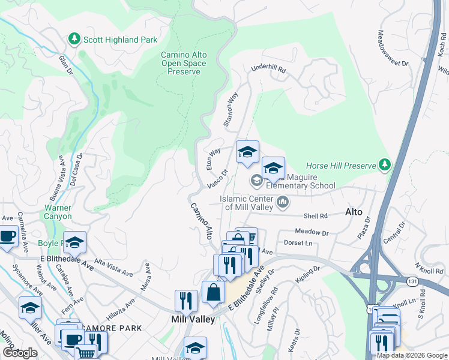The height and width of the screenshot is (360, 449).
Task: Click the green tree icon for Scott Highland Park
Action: coord(74,40)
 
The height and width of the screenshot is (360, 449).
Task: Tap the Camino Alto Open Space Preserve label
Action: coord(184,63)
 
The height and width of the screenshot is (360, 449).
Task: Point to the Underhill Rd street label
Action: coord(268,70)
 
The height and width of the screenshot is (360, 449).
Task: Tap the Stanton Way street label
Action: coord(231,109)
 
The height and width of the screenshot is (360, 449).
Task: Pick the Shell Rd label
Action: coord(315,216)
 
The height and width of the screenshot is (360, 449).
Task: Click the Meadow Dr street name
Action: coord(312,232)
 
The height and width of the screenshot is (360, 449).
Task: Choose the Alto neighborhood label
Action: coord(354,212)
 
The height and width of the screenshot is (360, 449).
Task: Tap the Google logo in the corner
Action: coord(20,353)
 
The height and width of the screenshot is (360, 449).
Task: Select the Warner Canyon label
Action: coord(58,212)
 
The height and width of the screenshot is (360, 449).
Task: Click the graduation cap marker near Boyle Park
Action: coord(75,242)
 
